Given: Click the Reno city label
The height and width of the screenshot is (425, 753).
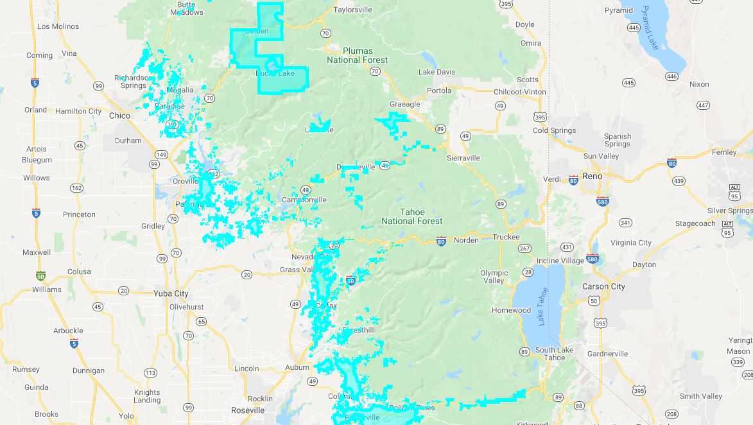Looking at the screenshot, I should (592, 176).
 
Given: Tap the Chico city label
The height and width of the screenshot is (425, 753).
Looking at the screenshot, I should (119, 116).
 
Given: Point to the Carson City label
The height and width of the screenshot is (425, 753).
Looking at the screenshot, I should (603, 286).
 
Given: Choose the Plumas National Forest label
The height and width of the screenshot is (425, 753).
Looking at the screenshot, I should (357, 55).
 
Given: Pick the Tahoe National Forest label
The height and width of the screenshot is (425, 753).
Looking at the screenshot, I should (412, 216).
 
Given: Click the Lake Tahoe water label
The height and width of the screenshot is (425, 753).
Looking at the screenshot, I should (543, 306).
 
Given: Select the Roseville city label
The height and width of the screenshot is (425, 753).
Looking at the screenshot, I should (248, 410).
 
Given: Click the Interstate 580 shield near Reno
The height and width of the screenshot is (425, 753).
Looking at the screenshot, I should (602, 202).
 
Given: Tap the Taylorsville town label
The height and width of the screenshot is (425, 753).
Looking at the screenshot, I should (353, 10).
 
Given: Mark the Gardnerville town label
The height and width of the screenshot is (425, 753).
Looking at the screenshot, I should (607, 354).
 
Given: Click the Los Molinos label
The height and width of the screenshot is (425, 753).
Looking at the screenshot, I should (58, 26).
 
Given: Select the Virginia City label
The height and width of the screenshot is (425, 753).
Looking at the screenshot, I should (630, 243).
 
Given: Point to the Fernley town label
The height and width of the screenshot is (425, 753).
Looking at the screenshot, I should (724, 152).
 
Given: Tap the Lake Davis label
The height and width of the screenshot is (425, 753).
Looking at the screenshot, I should (437, 72).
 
